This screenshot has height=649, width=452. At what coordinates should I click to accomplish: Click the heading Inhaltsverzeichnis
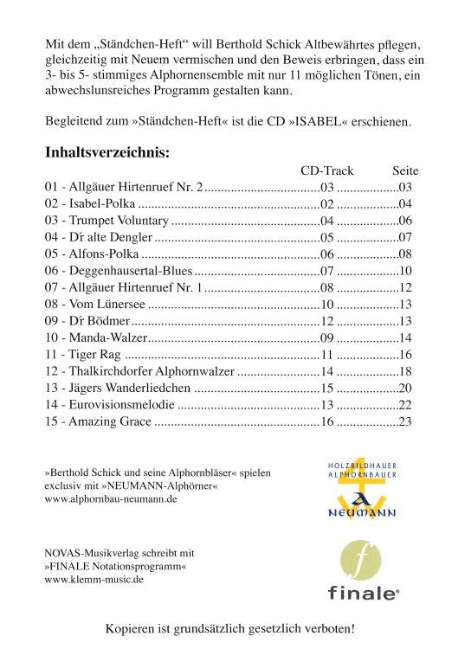pyautogui.click(x=107, y=152)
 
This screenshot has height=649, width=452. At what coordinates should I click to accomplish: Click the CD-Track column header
pyautogui.click(x=326, y=171)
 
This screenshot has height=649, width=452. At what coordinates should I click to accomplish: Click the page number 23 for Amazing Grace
pyautogui.click(x=405, y=421)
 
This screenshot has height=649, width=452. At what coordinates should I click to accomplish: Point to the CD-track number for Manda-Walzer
pyautogui.click(x=327, y=337)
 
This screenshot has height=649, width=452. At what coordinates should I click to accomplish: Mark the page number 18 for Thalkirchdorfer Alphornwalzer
pyautogui.click(x=405, y=371)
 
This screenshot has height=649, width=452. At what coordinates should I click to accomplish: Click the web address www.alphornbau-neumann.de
pyautogui.click(x=111, y=499)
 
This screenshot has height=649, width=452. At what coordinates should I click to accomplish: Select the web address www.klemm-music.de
pyautogui.click(x=94, y=579)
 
